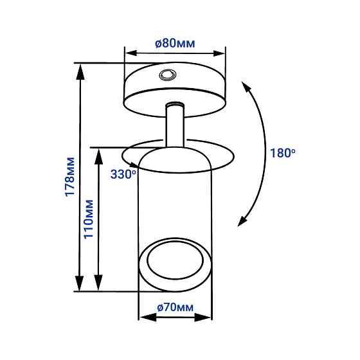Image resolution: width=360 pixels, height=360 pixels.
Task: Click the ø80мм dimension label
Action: click(x=175, y=43)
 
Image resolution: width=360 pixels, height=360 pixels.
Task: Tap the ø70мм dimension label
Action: click(x=175, y=307)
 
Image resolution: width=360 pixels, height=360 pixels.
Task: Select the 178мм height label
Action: click(x=70, y=177)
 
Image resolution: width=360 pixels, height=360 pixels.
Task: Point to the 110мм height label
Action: click(x=89, y=219)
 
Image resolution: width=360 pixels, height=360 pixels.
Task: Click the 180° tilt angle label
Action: click(x=283, y=153)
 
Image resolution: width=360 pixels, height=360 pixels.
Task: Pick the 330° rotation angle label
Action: click(x=123, y=174)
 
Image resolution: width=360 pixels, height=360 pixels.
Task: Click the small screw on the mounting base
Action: click(x=168, y=75)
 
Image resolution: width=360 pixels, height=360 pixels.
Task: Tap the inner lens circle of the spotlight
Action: click(x=175, y=261)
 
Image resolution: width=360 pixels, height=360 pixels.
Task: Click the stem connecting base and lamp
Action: click(x=175, y=125)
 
